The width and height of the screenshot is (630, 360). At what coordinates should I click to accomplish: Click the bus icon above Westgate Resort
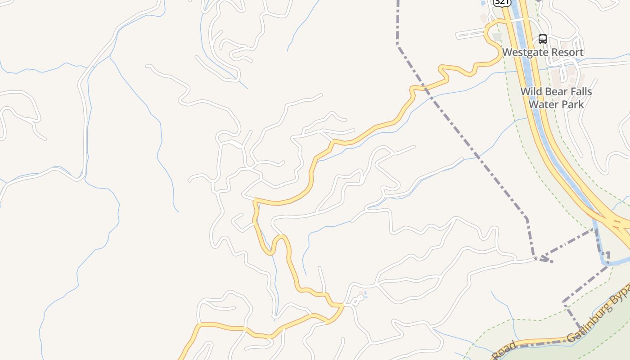tap(543, 39)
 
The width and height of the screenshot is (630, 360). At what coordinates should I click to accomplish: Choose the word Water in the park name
tap(542, 104)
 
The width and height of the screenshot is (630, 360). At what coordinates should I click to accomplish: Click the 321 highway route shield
tap(501, 2)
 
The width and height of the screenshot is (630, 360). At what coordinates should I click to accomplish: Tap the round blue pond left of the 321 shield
tap(483, 3)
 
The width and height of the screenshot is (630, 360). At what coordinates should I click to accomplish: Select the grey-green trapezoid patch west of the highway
tap(497, 36)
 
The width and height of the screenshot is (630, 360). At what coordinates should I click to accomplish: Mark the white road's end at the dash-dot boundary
tap(535, 258)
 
